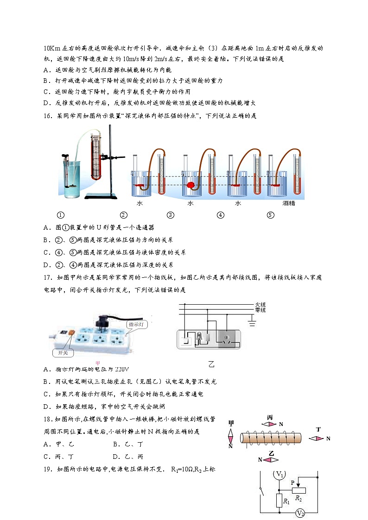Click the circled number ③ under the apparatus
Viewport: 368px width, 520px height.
coord(171,215)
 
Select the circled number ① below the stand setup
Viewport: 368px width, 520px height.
coord(60,215)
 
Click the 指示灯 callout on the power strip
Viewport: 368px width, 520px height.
coord(137,325)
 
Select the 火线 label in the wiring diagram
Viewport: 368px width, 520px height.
coord(260,305)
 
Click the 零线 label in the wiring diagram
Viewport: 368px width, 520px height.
coord(260,310)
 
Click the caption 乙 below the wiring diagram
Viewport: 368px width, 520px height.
coord(211,364)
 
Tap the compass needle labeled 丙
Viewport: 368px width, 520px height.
coord(269,424)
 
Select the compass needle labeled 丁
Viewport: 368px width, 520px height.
coord(317,438)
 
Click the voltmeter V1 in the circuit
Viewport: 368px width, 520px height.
coord(279,474)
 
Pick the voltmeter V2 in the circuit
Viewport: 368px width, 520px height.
coord(300,513)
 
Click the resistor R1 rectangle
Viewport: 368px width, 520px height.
coord(279,501)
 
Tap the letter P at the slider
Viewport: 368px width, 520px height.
coord(292,482)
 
